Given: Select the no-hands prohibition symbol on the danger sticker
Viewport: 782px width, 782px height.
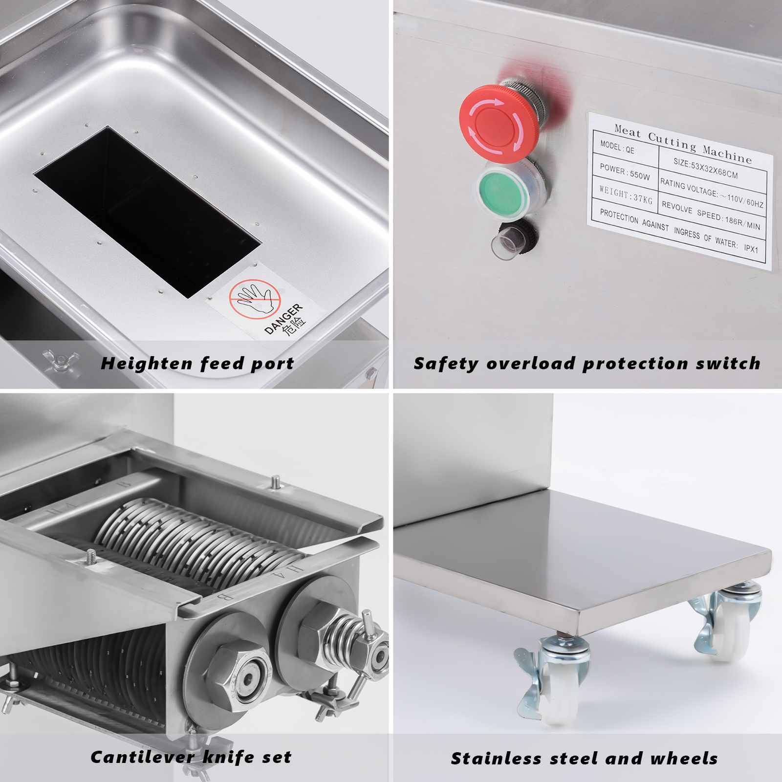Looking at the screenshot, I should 255,299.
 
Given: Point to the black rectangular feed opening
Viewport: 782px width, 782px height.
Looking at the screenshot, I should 147,210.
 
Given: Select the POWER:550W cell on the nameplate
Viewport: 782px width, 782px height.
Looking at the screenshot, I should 625,172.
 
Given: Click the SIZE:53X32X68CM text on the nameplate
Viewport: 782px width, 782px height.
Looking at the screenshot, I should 705,169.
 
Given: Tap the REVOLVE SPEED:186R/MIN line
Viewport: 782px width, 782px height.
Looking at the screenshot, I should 711,216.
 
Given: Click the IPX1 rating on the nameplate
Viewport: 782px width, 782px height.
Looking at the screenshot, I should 751,248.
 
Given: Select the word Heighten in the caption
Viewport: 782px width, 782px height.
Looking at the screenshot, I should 146,364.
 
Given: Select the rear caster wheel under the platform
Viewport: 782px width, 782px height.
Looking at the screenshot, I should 733,623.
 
